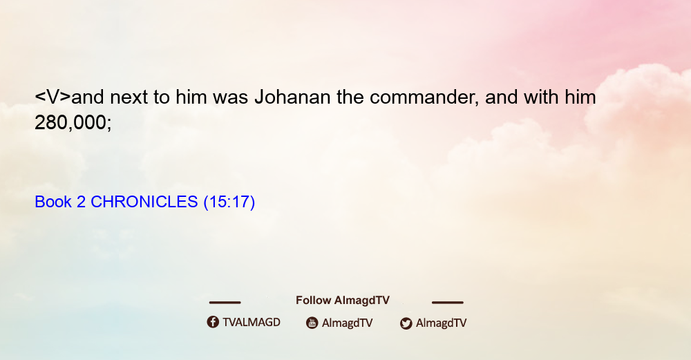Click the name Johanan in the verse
(292, 97)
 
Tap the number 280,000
(73, 122)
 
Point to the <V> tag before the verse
(53, 97)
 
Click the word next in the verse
(129, 97)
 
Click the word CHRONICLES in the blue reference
(144, 202)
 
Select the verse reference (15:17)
(229, 202)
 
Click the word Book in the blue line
(53, 202)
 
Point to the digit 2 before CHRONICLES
(81, 202)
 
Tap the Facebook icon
(213, 322)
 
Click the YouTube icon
(312, 323)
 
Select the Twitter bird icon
(406, 323)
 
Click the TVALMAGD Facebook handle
(252, 322)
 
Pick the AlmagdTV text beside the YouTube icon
(348, 323)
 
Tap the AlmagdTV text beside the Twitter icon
(441, 323)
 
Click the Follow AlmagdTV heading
(343, 300)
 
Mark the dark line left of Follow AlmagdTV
(225, 302)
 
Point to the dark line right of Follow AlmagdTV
(448, 302)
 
